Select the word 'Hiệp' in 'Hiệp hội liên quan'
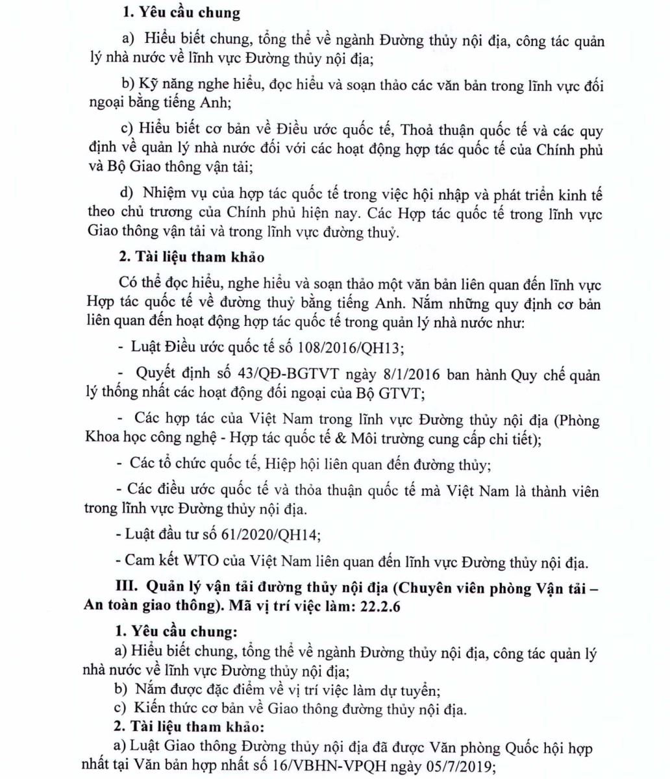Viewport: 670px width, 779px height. (x=280, y=464)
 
